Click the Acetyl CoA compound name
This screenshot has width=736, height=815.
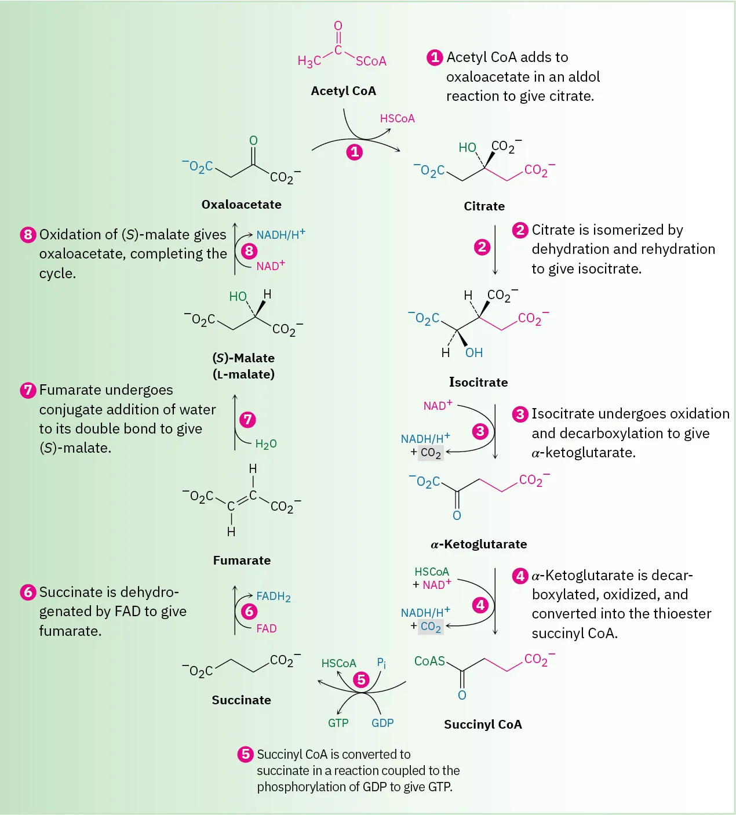(x=343, y=91)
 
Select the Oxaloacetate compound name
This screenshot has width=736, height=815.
(x=241, y=205)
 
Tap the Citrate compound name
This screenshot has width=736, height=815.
(x=484, y=206)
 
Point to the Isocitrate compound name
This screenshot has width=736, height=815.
(x=478, y=383)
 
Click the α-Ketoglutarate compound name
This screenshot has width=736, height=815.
(x=479, y=544)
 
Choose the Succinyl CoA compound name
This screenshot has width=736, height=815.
(x=483, y=725)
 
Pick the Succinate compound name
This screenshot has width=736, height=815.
(x=241, y=700)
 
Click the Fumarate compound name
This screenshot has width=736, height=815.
(x=242, y=561)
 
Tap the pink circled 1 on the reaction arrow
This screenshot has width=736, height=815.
(x=354, y=152)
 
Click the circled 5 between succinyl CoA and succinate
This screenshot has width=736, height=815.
(x=362, y=679)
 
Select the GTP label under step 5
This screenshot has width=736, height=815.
(x=338, y=723)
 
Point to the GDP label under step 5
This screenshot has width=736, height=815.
(x=382, y=723)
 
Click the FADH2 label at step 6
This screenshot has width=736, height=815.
(x=273, y=596)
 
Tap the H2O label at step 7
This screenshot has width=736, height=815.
(x=266, y=444)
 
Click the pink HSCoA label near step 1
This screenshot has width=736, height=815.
(x=397, y=119)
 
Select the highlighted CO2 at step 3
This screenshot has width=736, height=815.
(x=431, y=453)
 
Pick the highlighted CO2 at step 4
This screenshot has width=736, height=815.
(x=431, y=627)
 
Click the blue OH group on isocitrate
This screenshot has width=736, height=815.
(x=473, y=353)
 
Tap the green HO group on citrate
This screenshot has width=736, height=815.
(x=467, y=148)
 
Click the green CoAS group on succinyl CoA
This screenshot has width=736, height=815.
(x=429, y=661)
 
